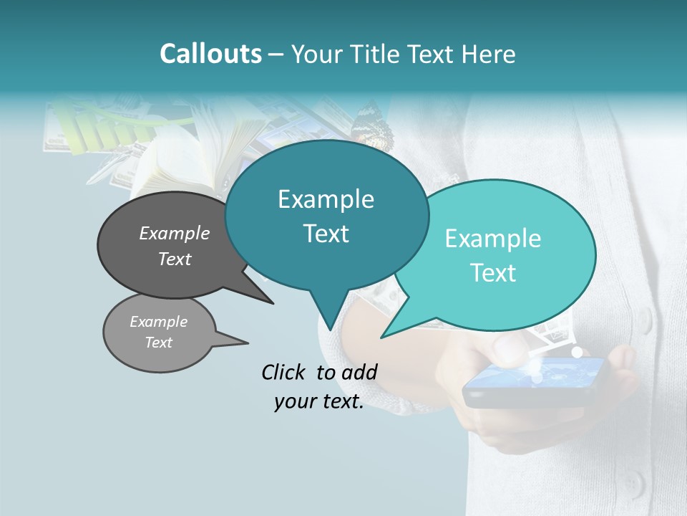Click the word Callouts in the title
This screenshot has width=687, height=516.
tap(210, 54)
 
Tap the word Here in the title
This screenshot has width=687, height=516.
tap(486, 54)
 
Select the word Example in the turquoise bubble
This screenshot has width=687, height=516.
tap(493, 239)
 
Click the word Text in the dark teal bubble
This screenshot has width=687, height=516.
tap(326, 234)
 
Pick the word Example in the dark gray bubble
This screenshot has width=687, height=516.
tap(174, 234)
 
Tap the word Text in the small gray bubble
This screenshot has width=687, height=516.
tap(159, 343)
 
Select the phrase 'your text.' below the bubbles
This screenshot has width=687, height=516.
tap(319, 401)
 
